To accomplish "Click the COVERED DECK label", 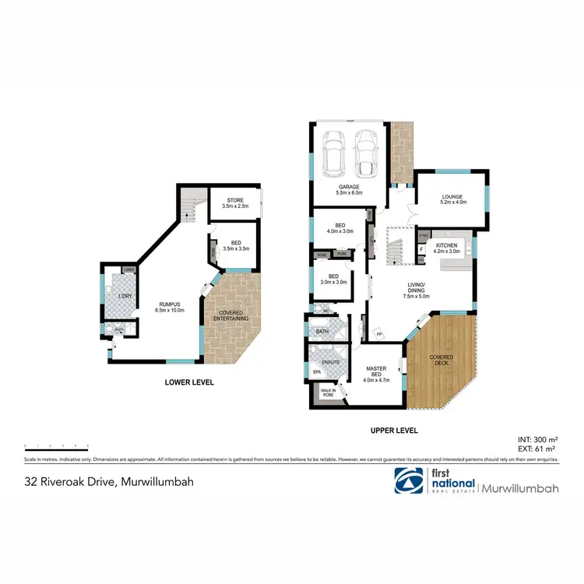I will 442,360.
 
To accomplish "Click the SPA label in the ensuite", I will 317,372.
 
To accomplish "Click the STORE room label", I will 234,203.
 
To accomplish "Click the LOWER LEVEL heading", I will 188,382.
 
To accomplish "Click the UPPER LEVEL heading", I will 393,430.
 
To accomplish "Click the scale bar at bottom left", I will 57,446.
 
